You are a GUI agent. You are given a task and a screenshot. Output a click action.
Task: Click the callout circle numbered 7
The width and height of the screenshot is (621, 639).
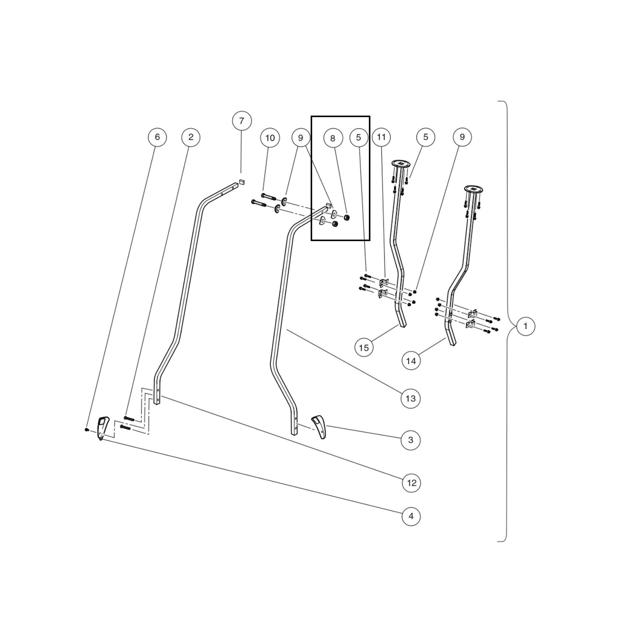[x=242, y=120]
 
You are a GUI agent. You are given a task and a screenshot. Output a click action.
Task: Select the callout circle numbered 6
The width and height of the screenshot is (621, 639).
[x=157, y=137]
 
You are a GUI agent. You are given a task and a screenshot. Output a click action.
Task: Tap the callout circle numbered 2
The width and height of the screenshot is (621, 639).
[x=191, y=137]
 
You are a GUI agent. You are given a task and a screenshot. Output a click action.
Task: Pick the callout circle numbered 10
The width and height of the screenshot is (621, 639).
[x=270, y=138]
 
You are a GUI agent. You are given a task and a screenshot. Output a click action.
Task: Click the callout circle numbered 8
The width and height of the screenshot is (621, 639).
[x=333, y=138]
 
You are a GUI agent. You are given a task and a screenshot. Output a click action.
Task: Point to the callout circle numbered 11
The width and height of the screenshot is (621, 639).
[x=381, y=137]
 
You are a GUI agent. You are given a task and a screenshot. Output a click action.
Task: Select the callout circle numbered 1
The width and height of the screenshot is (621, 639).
[x=525, y=326]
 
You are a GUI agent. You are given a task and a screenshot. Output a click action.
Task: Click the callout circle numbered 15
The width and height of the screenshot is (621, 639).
[x=364, y=347]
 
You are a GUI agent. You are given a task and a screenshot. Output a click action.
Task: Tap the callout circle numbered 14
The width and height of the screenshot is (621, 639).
[x=411, y=361]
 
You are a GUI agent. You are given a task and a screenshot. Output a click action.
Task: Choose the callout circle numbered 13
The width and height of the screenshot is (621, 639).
[x=411, y=398]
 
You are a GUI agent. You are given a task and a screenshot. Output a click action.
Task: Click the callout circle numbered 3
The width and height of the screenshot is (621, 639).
[x=411, y=440]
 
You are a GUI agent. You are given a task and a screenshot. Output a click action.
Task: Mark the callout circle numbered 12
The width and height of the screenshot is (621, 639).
[x=411, y=483]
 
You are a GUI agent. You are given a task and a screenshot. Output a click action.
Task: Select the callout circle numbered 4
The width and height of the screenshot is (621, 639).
[x=411, y=516]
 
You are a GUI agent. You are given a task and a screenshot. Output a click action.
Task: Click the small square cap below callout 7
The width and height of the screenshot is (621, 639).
[x=242, y=182]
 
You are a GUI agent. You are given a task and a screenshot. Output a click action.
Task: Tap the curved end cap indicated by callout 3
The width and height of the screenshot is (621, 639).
[x=319, y=426]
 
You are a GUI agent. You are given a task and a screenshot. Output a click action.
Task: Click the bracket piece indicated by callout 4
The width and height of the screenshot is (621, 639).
[x=103, y=427]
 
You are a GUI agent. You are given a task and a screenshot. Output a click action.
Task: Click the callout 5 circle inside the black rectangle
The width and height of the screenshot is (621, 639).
[x=358, y=137]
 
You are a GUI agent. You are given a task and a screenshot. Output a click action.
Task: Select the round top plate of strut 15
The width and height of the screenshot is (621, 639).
[x=401, y=163]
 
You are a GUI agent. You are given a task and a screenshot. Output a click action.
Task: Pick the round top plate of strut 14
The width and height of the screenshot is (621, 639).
[x=474, y=189]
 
